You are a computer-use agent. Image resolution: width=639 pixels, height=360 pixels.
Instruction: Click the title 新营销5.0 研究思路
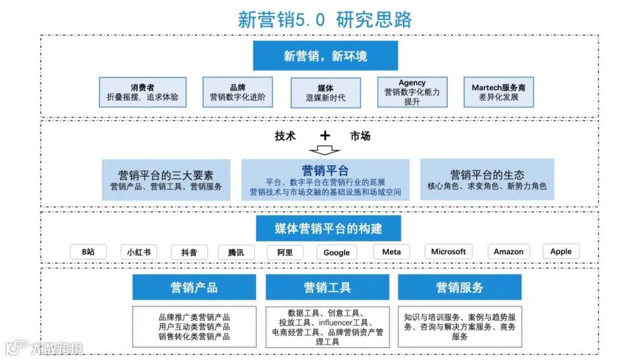(325, 19)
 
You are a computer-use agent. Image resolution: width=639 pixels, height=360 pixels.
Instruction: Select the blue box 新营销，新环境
(325, 56)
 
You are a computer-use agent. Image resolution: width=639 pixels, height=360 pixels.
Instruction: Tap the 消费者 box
(143, 92)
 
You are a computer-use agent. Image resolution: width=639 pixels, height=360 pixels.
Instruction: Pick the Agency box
(412, 92)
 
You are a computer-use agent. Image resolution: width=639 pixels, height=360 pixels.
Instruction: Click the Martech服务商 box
(498, 92)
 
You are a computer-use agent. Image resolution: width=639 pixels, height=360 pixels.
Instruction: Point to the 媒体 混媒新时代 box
(325, 93)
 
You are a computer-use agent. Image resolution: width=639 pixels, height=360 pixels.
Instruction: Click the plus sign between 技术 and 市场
(325, 136)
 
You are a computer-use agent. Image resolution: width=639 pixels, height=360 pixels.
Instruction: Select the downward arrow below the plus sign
(325, 150)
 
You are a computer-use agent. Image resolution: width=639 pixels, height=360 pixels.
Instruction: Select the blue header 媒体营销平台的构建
(328, 229)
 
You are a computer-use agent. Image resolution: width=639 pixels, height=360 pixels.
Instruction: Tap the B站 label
(88, 252)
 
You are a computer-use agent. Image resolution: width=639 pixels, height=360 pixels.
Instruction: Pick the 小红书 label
(138, 252)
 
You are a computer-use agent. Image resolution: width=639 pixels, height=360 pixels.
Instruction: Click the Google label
(337, 252)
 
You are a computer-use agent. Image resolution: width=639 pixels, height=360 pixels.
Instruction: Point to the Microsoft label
(448, 252)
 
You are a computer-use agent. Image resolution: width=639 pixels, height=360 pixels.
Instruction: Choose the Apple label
(561, 252)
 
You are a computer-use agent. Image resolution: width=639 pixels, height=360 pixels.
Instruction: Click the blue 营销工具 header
(327, 288)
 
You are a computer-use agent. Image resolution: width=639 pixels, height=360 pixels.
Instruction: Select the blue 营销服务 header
(460, 288)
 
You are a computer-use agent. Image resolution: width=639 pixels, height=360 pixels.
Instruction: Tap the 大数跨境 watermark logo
(44, 348)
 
